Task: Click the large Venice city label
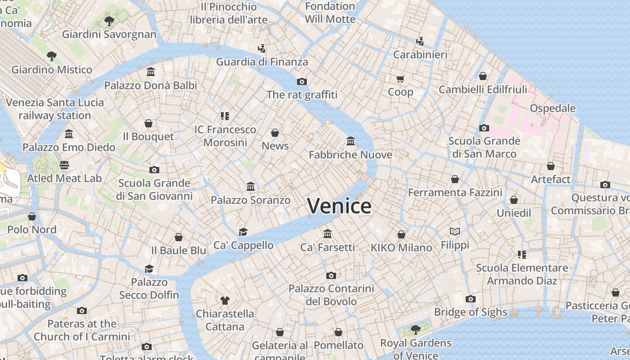click(339, 206)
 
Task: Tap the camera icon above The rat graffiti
click(302, 81)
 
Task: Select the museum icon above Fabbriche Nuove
click(351, 141)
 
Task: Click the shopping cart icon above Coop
click(400, 79)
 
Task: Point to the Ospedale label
click(553, 108)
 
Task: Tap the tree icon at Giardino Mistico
click(52, 56)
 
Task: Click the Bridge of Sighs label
click(470, 312)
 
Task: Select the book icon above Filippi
click(455, 231)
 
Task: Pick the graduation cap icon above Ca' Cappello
click(243, 232)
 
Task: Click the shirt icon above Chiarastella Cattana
click(225, 300)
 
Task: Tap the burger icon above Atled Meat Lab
click(64, 165)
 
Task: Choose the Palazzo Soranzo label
click(251, 200)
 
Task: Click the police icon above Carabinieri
click(420, 41)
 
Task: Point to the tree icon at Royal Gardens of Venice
click(416, 329)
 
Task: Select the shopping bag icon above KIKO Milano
click(401, 234)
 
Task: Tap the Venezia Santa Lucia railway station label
click(55, 109)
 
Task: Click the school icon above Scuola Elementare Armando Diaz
click(522, 255)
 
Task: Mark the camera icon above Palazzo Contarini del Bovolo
click(331, 275)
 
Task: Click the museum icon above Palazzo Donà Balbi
click(151, 72)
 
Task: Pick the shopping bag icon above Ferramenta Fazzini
click(455, 179)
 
